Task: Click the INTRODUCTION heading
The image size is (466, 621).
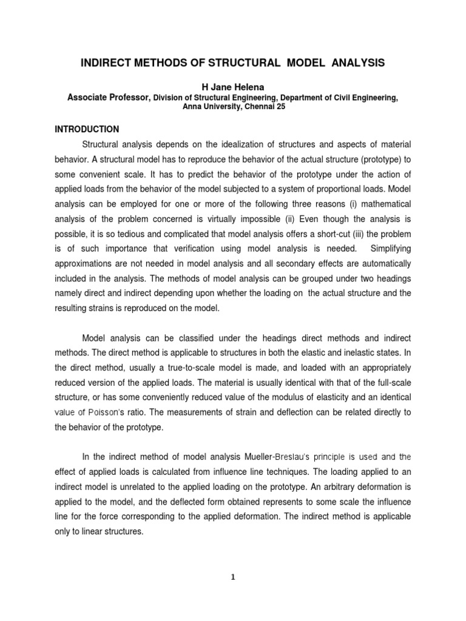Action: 87,129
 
